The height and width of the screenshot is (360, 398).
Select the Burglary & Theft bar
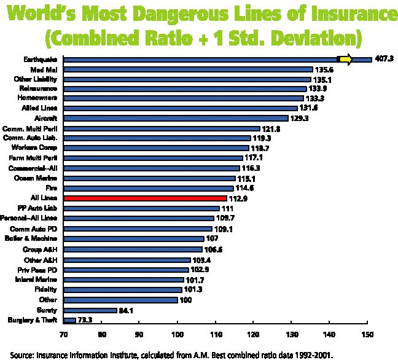click(69, 320)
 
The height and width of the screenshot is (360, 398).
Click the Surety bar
click(90, 310)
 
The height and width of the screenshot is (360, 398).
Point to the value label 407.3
click(385, 60)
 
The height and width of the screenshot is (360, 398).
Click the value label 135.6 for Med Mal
click(326, 69)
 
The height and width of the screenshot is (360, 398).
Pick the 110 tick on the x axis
click(216, 334)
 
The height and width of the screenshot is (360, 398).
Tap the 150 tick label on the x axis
click(367, 334)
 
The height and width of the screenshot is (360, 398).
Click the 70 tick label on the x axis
click(63, 334)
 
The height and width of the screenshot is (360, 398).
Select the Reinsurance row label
click(39, 89)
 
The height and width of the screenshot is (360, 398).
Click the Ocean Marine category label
click(41, 178)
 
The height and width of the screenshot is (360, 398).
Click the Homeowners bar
click(184, 99)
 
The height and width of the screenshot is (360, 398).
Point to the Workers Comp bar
click(156, 148)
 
